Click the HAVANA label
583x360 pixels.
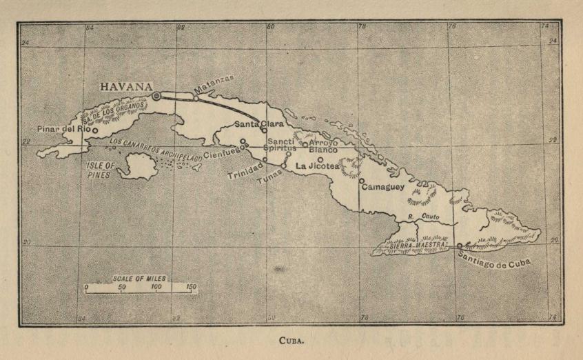point(126,87)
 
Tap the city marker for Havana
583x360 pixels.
point(156,97)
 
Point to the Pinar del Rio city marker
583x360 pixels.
point(95,130)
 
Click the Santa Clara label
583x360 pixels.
point(258,124)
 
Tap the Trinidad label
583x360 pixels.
point(245,170)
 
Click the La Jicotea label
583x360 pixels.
point(318,166)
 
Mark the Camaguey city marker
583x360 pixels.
point(361,181)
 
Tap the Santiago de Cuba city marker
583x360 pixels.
point(459,245)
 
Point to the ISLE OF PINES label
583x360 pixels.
point(102,170)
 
